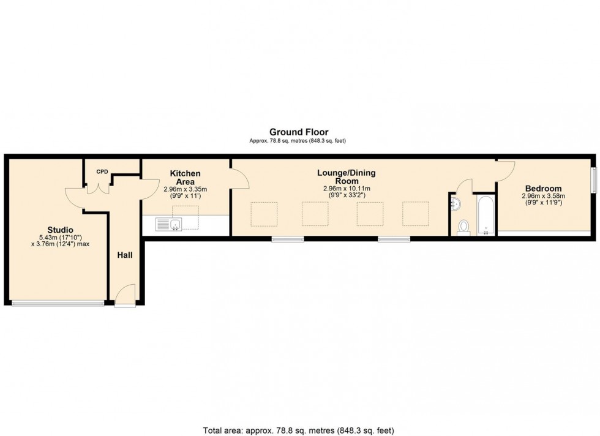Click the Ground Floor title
click(299, 132)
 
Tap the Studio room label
click(60, 230)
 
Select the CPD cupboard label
click(102, 172)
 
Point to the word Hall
click(125, 255)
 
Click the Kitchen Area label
click(185, 178)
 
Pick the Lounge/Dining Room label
click(347, 177)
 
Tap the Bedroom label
click(544, 189)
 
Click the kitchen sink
click(169, 224)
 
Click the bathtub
click(486, 215)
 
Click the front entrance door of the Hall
click(126, 295)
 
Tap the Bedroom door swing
click(505, 171)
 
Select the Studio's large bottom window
click(58, 304)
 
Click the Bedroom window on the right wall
click(593, 180)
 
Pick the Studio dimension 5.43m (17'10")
click(60, 238)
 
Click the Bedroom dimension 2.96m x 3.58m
click(544, 195)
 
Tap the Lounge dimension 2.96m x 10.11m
click(347, 189)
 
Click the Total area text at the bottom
click(299, 430)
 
